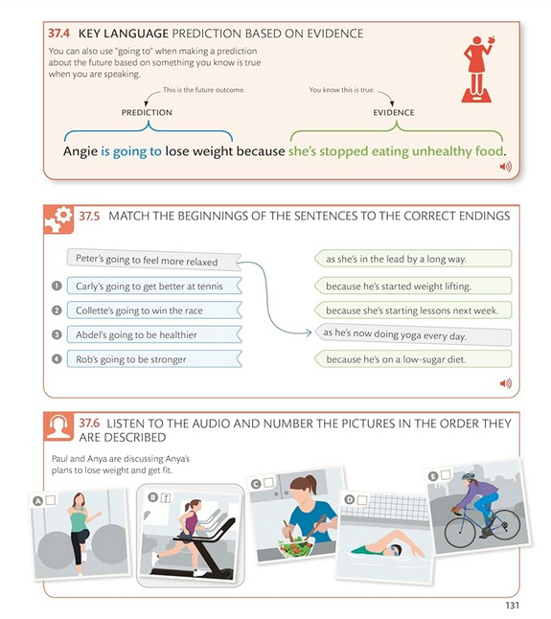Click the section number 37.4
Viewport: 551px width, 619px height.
[x=58, y=34]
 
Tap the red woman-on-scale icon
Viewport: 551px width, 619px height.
[x=477, y=70]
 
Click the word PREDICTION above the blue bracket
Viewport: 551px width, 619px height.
[x=147, y=112]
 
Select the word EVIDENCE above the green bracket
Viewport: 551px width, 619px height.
[x=394, y=112]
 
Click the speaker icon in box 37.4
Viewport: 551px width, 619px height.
[x=506, y=167]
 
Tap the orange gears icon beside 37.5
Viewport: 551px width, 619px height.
[x=58, y=219]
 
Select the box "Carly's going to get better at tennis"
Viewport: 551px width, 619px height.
[x=154, y=286]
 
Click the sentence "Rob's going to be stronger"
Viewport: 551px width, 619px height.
[x=130, y=359]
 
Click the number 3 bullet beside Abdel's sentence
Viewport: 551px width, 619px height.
[x=57, y=334]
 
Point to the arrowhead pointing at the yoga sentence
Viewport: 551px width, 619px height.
[x=309, y=332]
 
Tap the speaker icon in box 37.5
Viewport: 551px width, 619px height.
[x=506, y=383]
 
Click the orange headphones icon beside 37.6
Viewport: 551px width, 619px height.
[x=58, y=426]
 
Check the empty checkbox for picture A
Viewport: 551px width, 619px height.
[x=51, y=500]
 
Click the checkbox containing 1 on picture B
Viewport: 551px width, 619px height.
[x=166, y=498]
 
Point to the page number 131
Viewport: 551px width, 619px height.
[x=512, y=606]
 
